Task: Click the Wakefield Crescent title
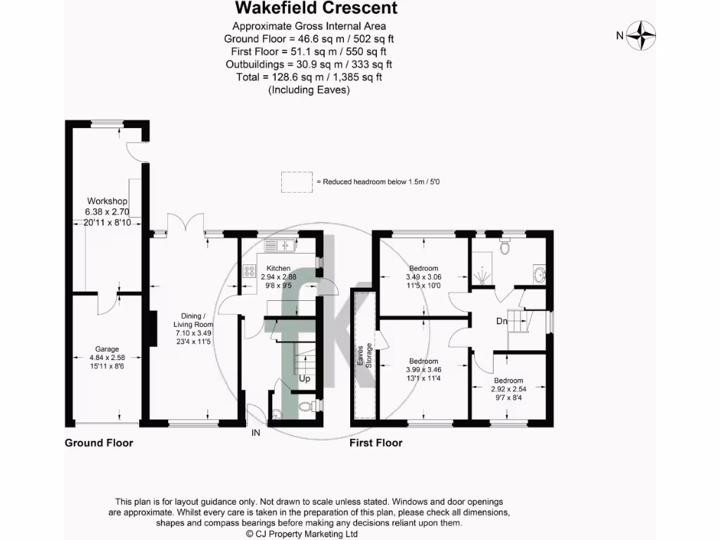316,8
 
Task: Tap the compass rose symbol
641,35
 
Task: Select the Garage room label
107,349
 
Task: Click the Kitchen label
278,269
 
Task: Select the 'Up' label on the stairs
304,379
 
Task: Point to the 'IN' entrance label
256,433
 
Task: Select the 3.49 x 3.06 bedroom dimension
423,277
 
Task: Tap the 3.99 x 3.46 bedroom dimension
423,370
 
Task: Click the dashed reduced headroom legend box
296,181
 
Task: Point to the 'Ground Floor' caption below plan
98,443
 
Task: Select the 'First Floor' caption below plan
376,443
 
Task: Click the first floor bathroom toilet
504,247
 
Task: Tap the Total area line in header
309,77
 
